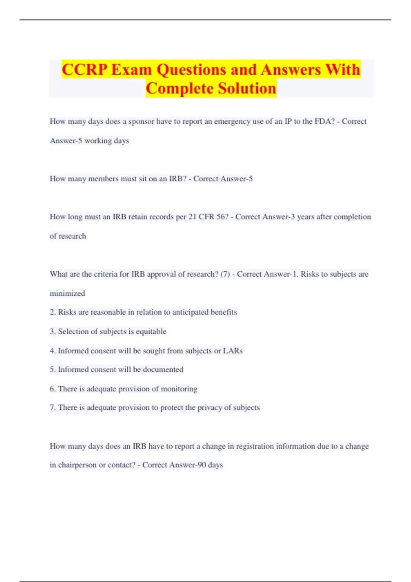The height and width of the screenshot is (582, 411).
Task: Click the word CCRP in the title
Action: pos(84,69)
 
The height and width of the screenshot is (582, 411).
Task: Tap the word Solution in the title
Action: pos(247,88)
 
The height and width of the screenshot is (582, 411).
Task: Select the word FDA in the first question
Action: pos(324,122)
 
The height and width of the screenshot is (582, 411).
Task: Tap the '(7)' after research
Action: pos(225,274)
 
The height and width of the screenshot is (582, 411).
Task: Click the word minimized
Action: pos(67,293)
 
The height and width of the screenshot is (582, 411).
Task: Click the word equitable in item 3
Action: pos(151,331)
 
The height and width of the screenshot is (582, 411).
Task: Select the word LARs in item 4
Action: pos(233,351)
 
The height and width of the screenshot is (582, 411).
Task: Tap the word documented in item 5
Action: pos(163,370)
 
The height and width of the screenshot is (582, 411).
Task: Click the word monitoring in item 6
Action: pos(179,389)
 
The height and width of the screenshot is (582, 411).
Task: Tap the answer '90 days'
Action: pos(210,465)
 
